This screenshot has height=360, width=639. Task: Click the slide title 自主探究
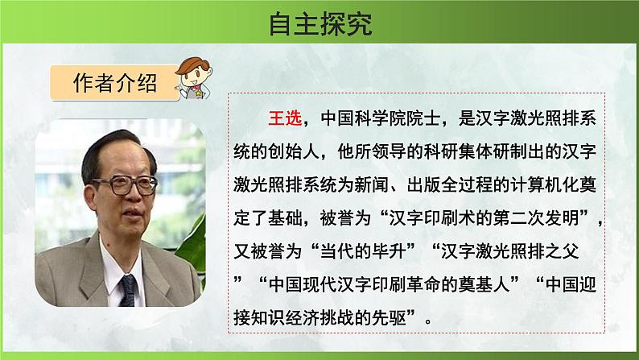320,25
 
